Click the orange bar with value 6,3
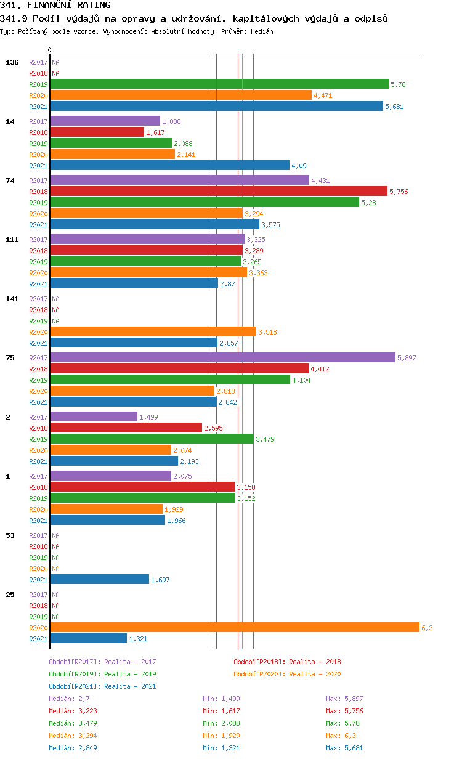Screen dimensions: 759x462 point(234,627)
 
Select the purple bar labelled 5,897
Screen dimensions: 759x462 point(222,357)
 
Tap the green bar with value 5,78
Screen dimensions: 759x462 point(219,84)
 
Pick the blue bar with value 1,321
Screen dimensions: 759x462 point(88,638)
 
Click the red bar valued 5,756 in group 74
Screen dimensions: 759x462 point(218,191)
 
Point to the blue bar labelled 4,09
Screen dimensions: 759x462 point(169,165)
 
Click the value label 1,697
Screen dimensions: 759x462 point(160,580)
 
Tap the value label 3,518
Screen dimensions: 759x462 point(267,332)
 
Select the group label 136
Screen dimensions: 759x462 point(12,62)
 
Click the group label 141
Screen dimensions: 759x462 point(12,299)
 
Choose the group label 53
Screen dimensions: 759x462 point(10,535)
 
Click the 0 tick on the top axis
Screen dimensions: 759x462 point(50,50)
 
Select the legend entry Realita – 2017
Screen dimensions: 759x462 point(102,662)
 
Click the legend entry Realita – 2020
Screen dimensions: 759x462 point(287,674)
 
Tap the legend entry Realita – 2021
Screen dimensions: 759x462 point(102,686)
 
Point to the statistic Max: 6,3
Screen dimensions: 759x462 point(341,736)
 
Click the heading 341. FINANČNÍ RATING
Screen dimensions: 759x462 point(55,6)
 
